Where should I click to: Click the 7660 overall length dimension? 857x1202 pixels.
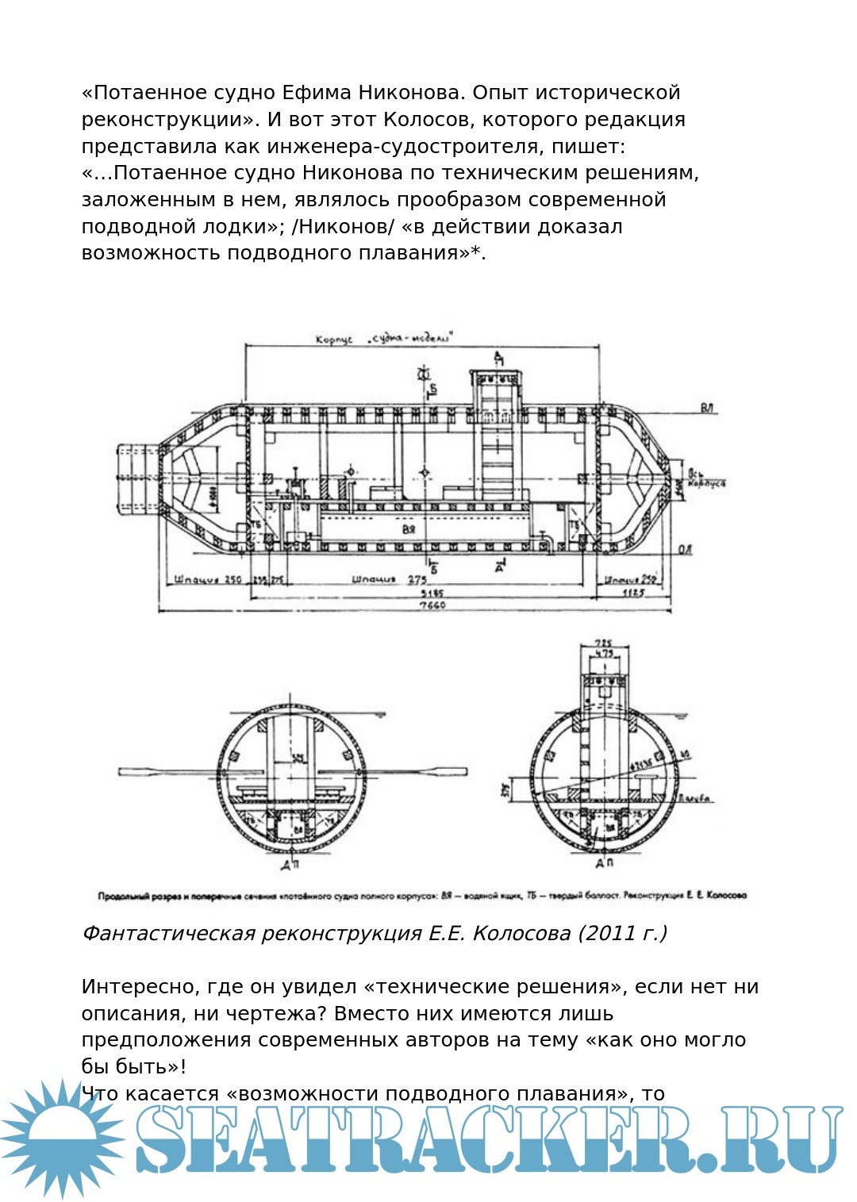(x=432, y=605)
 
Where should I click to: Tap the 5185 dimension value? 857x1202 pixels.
(x=432, y=592)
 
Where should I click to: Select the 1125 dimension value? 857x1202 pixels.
(x=632, y=592)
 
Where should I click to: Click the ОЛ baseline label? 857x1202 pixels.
(x=686, y=549)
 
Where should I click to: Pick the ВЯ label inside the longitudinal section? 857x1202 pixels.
(x=409, y=528)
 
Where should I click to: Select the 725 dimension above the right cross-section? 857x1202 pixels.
(x=605, y=643)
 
